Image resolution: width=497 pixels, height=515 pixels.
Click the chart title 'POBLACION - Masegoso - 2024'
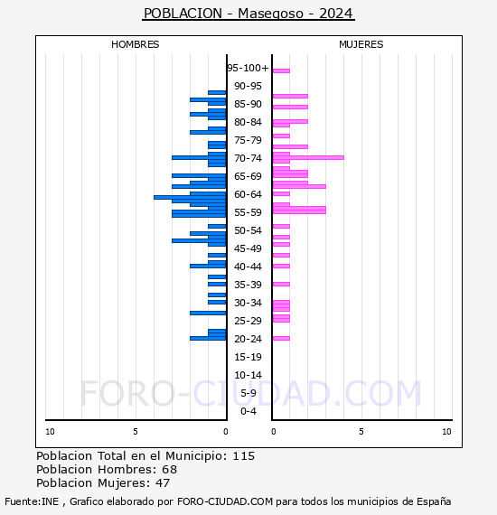tap(248, 14)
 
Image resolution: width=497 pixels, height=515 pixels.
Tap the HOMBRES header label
tap(135, 44)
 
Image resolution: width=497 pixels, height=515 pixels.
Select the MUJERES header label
tap(361, 44)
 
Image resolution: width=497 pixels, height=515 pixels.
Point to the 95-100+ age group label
tap(248, 68)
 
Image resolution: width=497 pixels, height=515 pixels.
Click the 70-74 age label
tap(248, 158)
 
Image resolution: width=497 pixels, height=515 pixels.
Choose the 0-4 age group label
tap(248, 411)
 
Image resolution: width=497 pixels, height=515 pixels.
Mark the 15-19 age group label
tap(248, 357)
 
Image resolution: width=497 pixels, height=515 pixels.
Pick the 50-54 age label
tap(248, 230)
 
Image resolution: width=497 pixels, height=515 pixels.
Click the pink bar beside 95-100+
tap(281, 70)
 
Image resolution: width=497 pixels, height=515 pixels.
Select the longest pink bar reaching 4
tap(308, 157)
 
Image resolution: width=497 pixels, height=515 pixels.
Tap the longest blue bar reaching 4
tap(190, 197)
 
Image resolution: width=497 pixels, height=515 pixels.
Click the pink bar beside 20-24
tap(281, 338)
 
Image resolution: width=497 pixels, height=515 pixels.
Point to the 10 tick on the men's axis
tap(50, 432)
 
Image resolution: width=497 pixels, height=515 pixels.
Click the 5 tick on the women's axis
tap(361, 432)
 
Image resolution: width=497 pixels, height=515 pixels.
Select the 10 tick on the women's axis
tap(446, 432)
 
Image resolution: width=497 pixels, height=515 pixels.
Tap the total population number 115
tap(244, 456)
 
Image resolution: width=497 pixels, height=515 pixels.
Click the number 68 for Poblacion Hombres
tap(170, 470)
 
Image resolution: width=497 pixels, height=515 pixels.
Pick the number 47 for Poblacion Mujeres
tap(163, 483)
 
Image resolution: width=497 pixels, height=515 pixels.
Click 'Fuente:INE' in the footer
tap(32, 501)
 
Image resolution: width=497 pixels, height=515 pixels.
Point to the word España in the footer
tap(434, 501)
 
